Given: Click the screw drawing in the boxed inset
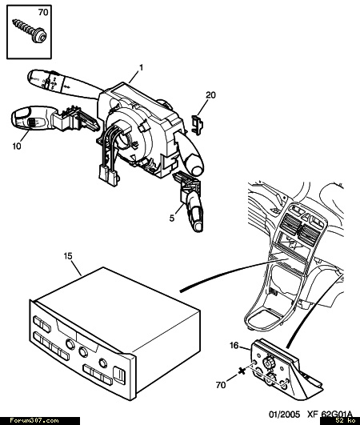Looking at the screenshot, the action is tap(30, 30).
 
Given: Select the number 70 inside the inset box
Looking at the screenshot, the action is tap(43, 12).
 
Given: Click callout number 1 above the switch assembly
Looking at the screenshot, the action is tap(141, 67).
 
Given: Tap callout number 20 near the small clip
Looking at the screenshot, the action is tap(210, 95).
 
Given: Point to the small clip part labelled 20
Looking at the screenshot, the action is tap(198, 124).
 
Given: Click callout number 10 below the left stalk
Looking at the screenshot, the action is tap(17, 146).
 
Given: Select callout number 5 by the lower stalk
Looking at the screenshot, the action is tap(172, 218).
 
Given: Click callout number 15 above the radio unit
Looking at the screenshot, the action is tap(68, 256).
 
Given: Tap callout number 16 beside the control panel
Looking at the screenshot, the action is tap(234, 345).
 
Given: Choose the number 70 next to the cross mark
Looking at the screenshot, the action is tap(221, 385).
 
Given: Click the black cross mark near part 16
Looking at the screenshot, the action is tap(242, 371).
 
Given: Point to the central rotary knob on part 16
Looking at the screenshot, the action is tap(269, 363).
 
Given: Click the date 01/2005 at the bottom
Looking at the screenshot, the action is tap(284, 414).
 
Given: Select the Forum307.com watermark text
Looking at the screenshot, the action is tap(34, 421).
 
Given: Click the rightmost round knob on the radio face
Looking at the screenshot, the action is tap(102, 363).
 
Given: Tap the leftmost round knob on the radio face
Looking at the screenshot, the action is tap(70, 344).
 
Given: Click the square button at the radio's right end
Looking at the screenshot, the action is tap(119, 375).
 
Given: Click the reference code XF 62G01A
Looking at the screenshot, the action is tap(330, 414).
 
